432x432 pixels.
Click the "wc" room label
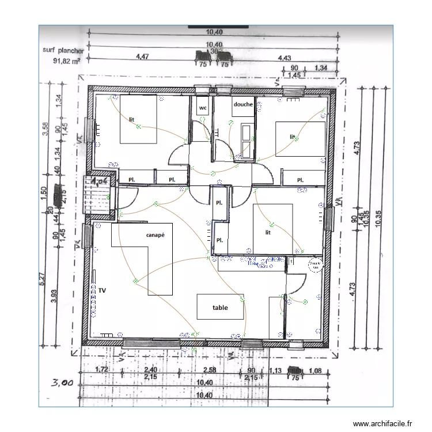coord(203,108)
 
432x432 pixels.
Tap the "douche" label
coord(243,105)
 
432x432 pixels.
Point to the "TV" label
coord(103,291)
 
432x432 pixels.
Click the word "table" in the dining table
coord(220,308)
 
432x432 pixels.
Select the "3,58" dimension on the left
coord(45,133)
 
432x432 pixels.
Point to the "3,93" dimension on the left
coord(54,295)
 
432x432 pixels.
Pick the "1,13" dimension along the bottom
coord(278,370)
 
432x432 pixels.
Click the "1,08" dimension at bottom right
coord(316,370)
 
